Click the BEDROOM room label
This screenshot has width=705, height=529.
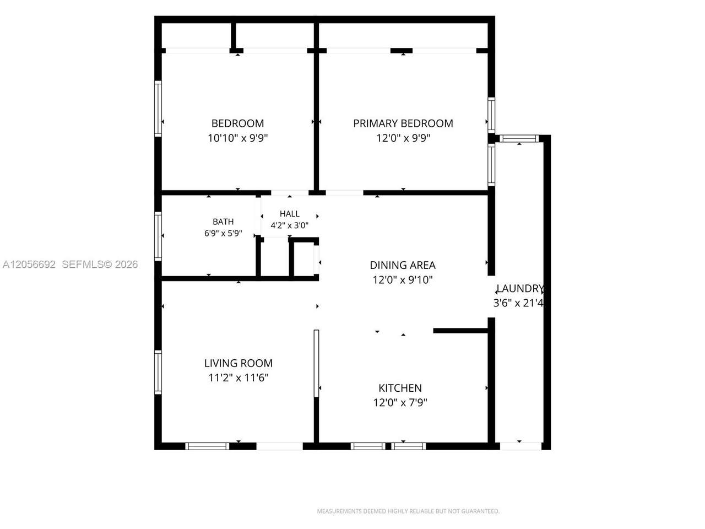pos(237,123)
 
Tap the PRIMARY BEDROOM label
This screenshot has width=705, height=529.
pos(403,123)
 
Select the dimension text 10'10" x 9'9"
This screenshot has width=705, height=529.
pos(237,138)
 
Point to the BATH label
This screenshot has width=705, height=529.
pos(223,222)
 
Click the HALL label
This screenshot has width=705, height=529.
pos(289,214)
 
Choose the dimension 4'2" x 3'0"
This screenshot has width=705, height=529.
pos(289,225)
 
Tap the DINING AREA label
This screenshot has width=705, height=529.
pos(403,265)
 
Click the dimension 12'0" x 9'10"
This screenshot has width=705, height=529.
pos(403,280)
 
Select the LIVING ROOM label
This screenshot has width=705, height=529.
pos(238,363)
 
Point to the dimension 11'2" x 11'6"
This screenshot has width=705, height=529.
pos(238,377)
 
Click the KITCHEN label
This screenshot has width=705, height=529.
pos(400,388)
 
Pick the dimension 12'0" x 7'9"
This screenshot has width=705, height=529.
pos(400,402)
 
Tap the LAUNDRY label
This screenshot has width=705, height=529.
pos(520,288)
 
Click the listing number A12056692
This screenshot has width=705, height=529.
pos(29,264)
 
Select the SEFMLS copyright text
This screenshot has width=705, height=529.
pos(100,264)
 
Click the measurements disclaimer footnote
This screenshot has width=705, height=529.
pos(408,511)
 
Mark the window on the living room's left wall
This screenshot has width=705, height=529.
pos(158,372)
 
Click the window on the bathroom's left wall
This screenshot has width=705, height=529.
pos(158,236)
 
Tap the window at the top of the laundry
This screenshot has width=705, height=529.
pos(519,138)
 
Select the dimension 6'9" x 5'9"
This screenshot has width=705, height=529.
pos(223,233)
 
